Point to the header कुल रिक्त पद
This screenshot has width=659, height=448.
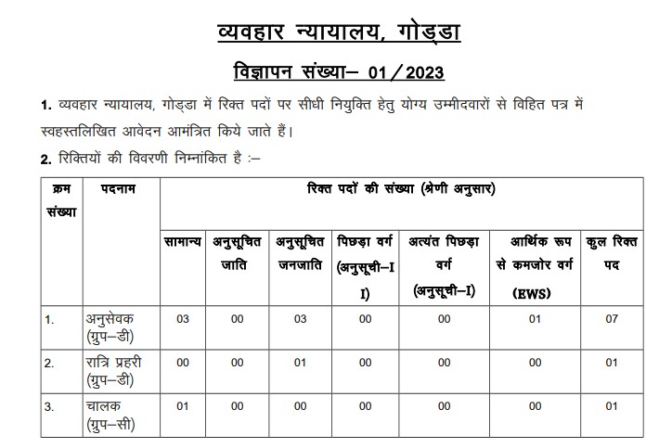(612, 251)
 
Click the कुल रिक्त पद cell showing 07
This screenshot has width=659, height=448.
(611, 319)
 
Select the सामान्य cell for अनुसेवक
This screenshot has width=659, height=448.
(183, 319)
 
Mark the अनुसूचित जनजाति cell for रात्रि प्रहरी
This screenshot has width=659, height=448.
(300, 363)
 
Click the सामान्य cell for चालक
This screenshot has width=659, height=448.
(183, 406)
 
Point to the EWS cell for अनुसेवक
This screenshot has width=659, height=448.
(536, 319)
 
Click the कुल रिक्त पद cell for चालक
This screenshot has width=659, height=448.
(611, 406)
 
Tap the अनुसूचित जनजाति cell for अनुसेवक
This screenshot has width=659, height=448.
(300, 319)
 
